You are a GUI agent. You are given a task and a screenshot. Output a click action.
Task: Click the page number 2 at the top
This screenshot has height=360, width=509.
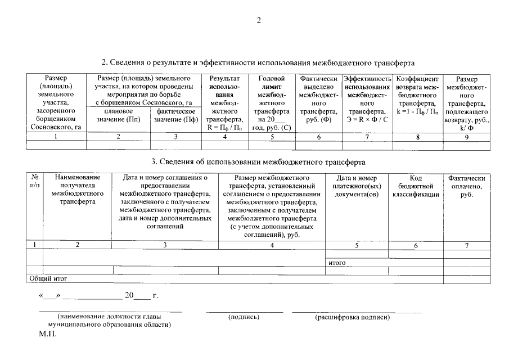coord(259,21)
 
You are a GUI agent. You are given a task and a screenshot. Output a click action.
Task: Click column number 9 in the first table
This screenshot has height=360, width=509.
coord(466,137)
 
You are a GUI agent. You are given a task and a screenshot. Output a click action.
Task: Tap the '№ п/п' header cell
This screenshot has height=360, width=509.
coord(35,182)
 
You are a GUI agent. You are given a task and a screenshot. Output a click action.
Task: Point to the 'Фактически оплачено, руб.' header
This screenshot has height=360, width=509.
coord(466,186)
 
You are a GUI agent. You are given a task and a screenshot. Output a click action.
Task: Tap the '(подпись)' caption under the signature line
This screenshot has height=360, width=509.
coord(244,317)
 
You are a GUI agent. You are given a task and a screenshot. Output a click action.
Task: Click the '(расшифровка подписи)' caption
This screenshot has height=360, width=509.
coord(353,317)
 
